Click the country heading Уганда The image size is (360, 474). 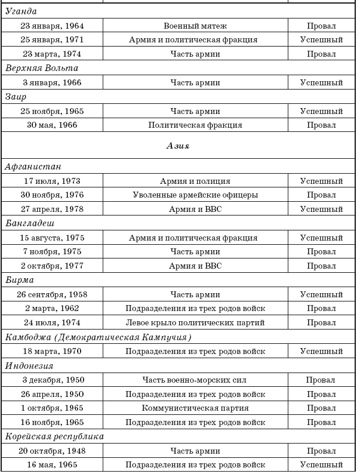click(x=20, y=11)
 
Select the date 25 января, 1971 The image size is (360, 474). click(x=52, y=40)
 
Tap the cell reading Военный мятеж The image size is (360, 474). click(x=195, y=26)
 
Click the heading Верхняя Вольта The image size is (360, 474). click(x=41, y=68)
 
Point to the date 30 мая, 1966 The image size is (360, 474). click(x=52, y=125)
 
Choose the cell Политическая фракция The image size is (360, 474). click(x=195, y=125)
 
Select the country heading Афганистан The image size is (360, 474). click(x=33, y=167)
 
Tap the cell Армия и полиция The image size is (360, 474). click(x=195, y=181)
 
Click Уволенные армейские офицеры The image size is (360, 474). click(x=195, y=195)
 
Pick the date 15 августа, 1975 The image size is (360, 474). click(x=52, y=238)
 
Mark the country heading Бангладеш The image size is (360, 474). click(x=30, y=223)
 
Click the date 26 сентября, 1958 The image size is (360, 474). click(x=52, y=294)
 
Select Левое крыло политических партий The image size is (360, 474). click(x=195, y=323)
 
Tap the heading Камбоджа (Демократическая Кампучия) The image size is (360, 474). click(x=99, y=337)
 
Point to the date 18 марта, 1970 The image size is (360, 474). click(x=52, y=352)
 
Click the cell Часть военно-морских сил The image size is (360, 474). click(x=195, y=380)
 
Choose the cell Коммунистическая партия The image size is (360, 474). click(x=195, y=408)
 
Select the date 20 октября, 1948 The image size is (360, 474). click(x=52, y=451)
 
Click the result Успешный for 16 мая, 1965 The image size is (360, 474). click(x=321, y=465)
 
